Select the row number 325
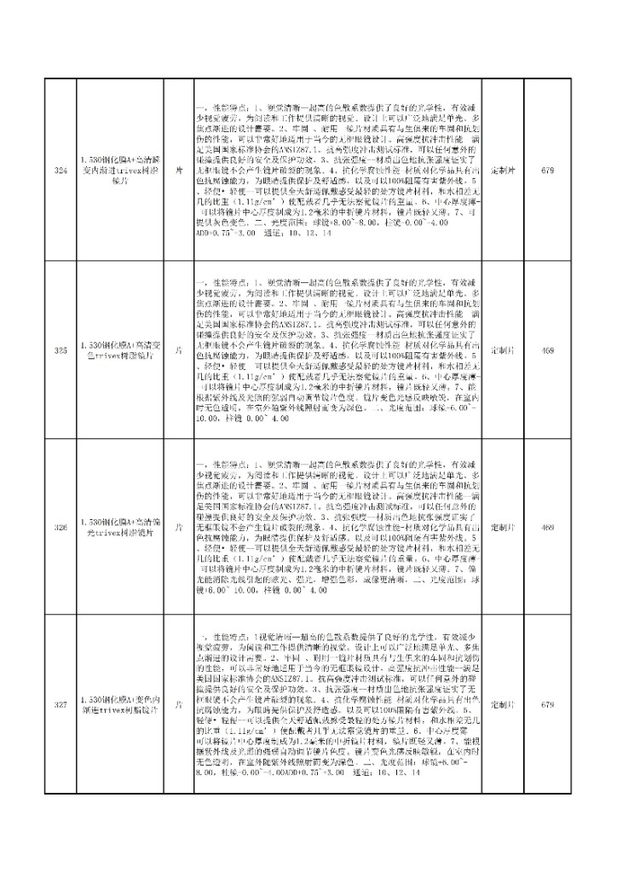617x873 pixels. [60, 350]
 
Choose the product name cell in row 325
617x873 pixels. [118, 350]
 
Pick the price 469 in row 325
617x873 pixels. [548, 350]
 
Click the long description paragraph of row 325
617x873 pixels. [337, 350]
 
